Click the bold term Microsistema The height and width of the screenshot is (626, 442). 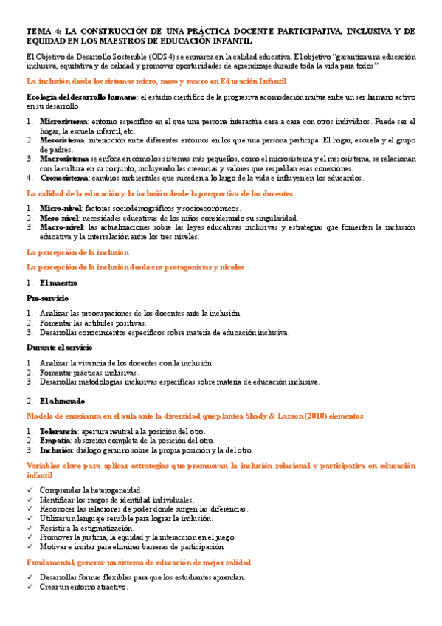point(63,120)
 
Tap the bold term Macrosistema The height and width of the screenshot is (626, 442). point(64,158)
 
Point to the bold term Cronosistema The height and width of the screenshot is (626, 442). point(63,177)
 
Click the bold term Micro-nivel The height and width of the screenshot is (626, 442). point(61,209)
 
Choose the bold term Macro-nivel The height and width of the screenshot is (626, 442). point(62,227)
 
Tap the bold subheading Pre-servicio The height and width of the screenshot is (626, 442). point(47,298)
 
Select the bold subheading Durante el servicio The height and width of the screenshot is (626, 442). point(59,348)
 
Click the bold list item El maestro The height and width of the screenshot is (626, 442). point(58,283)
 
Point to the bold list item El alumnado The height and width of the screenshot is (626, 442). point(61,400)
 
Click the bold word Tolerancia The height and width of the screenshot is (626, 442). point(58,430)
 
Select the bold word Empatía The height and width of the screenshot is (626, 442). point(56,440)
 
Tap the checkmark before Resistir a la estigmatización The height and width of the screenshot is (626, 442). point(30,529)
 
